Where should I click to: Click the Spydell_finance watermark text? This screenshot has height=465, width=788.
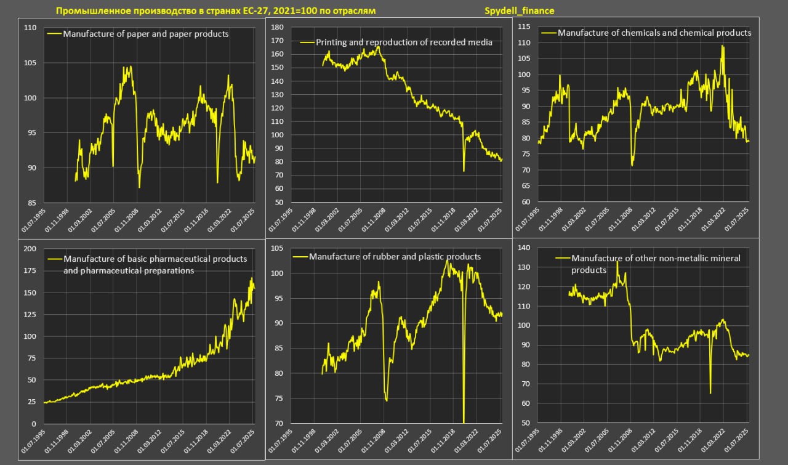[520, 11]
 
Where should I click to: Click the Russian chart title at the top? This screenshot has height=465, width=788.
[215, 11]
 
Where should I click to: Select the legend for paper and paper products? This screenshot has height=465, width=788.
[146, 34]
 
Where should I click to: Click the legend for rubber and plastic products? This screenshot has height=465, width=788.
[395, 256]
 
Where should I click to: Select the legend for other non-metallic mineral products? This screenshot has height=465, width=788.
[656, 264]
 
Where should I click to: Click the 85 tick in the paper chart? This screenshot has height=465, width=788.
[31, 203]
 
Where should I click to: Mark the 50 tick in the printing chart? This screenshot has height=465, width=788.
[279, 202]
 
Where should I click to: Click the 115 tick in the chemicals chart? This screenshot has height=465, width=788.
[525, 26]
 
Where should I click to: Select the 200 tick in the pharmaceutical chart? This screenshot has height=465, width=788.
[30, 248]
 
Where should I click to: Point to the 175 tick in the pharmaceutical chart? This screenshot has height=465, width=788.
[30, 270]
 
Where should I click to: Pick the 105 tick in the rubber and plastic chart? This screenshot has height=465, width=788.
[277, 248]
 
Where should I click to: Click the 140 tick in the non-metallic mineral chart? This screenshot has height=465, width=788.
[525, 248]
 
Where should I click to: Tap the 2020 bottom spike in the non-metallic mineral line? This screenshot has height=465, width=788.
[710, 393]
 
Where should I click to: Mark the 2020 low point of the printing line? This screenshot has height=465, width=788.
[464, 171]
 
